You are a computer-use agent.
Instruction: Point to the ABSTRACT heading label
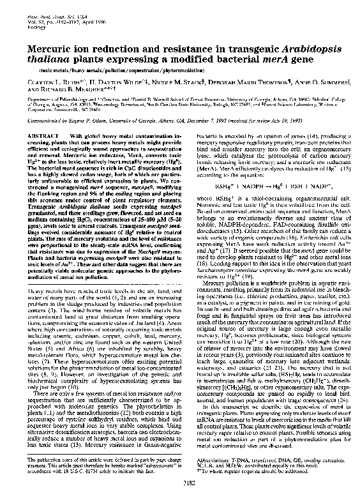point(36,136)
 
